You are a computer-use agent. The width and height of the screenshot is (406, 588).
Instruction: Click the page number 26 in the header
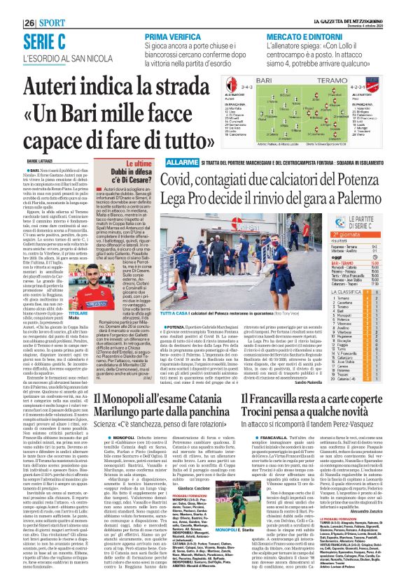point(30,22)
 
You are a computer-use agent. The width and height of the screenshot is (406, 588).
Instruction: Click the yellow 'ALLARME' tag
point(183,163)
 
